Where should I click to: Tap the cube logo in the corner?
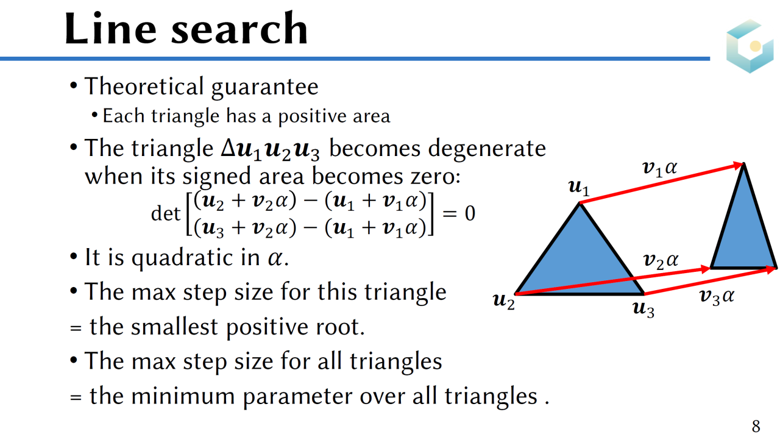coord(750,46)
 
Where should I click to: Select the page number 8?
coord(756,426)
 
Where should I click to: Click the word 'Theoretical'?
coord(144,87)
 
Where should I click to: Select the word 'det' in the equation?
coord(166,213)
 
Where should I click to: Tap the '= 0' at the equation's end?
coord(459,213)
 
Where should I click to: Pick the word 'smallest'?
coord(174,327)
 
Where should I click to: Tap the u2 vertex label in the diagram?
coord(504,301)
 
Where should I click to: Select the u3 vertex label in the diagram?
coord(643,309)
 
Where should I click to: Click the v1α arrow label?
coord(660,169)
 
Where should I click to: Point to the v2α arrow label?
coord(661,261)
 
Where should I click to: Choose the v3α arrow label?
coord(717,297)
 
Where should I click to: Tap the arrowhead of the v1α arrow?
coord(738,165)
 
